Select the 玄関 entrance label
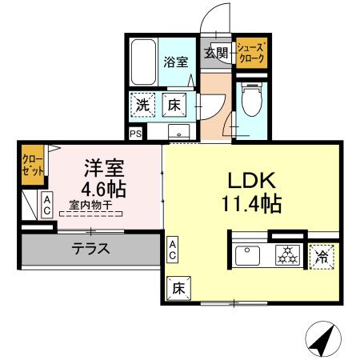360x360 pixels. coord(215,53)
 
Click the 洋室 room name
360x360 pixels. coord(105,169)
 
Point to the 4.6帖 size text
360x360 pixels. coord(105,191)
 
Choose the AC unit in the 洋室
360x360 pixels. coord(47,206)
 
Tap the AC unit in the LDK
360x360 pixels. coord(174,249)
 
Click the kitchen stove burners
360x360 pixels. coord(286,256)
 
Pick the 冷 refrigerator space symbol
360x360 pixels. coord(322,257)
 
